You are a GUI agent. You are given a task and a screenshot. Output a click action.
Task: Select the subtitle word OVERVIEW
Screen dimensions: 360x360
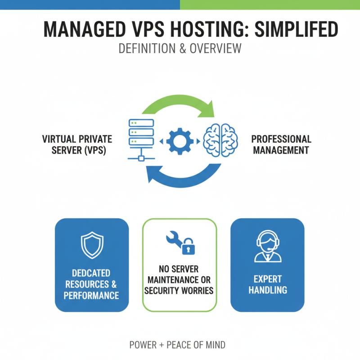(216, 49)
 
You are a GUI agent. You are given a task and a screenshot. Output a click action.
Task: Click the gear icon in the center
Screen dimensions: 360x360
(180, 141)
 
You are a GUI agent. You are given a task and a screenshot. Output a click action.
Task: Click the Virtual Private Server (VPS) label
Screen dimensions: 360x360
(77, 144)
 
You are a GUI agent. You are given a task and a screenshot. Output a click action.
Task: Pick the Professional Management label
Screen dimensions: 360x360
(281, 144)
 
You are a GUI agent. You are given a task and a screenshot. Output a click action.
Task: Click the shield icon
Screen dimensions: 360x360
(92, 246)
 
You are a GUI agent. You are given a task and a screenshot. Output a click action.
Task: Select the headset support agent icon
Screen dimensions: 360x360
(268, 247)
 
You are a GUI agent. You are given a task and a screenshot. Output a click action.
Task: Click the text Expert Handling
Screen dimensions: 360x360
(268, 284)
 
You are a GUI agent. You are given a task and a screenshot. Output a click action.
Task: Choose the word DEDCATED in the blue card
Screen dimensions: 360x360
(91, 273)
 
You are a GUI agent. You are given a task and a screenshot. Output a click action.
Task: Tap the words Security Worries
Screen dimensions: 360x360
(179, 290)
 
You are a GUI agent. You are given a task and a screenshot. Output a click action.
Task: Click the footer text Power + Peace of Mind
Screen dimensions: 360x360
(177, 345)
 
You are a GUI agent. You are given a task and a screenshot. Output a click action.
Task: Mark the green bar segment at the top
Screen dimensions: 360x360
(270, 4)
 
